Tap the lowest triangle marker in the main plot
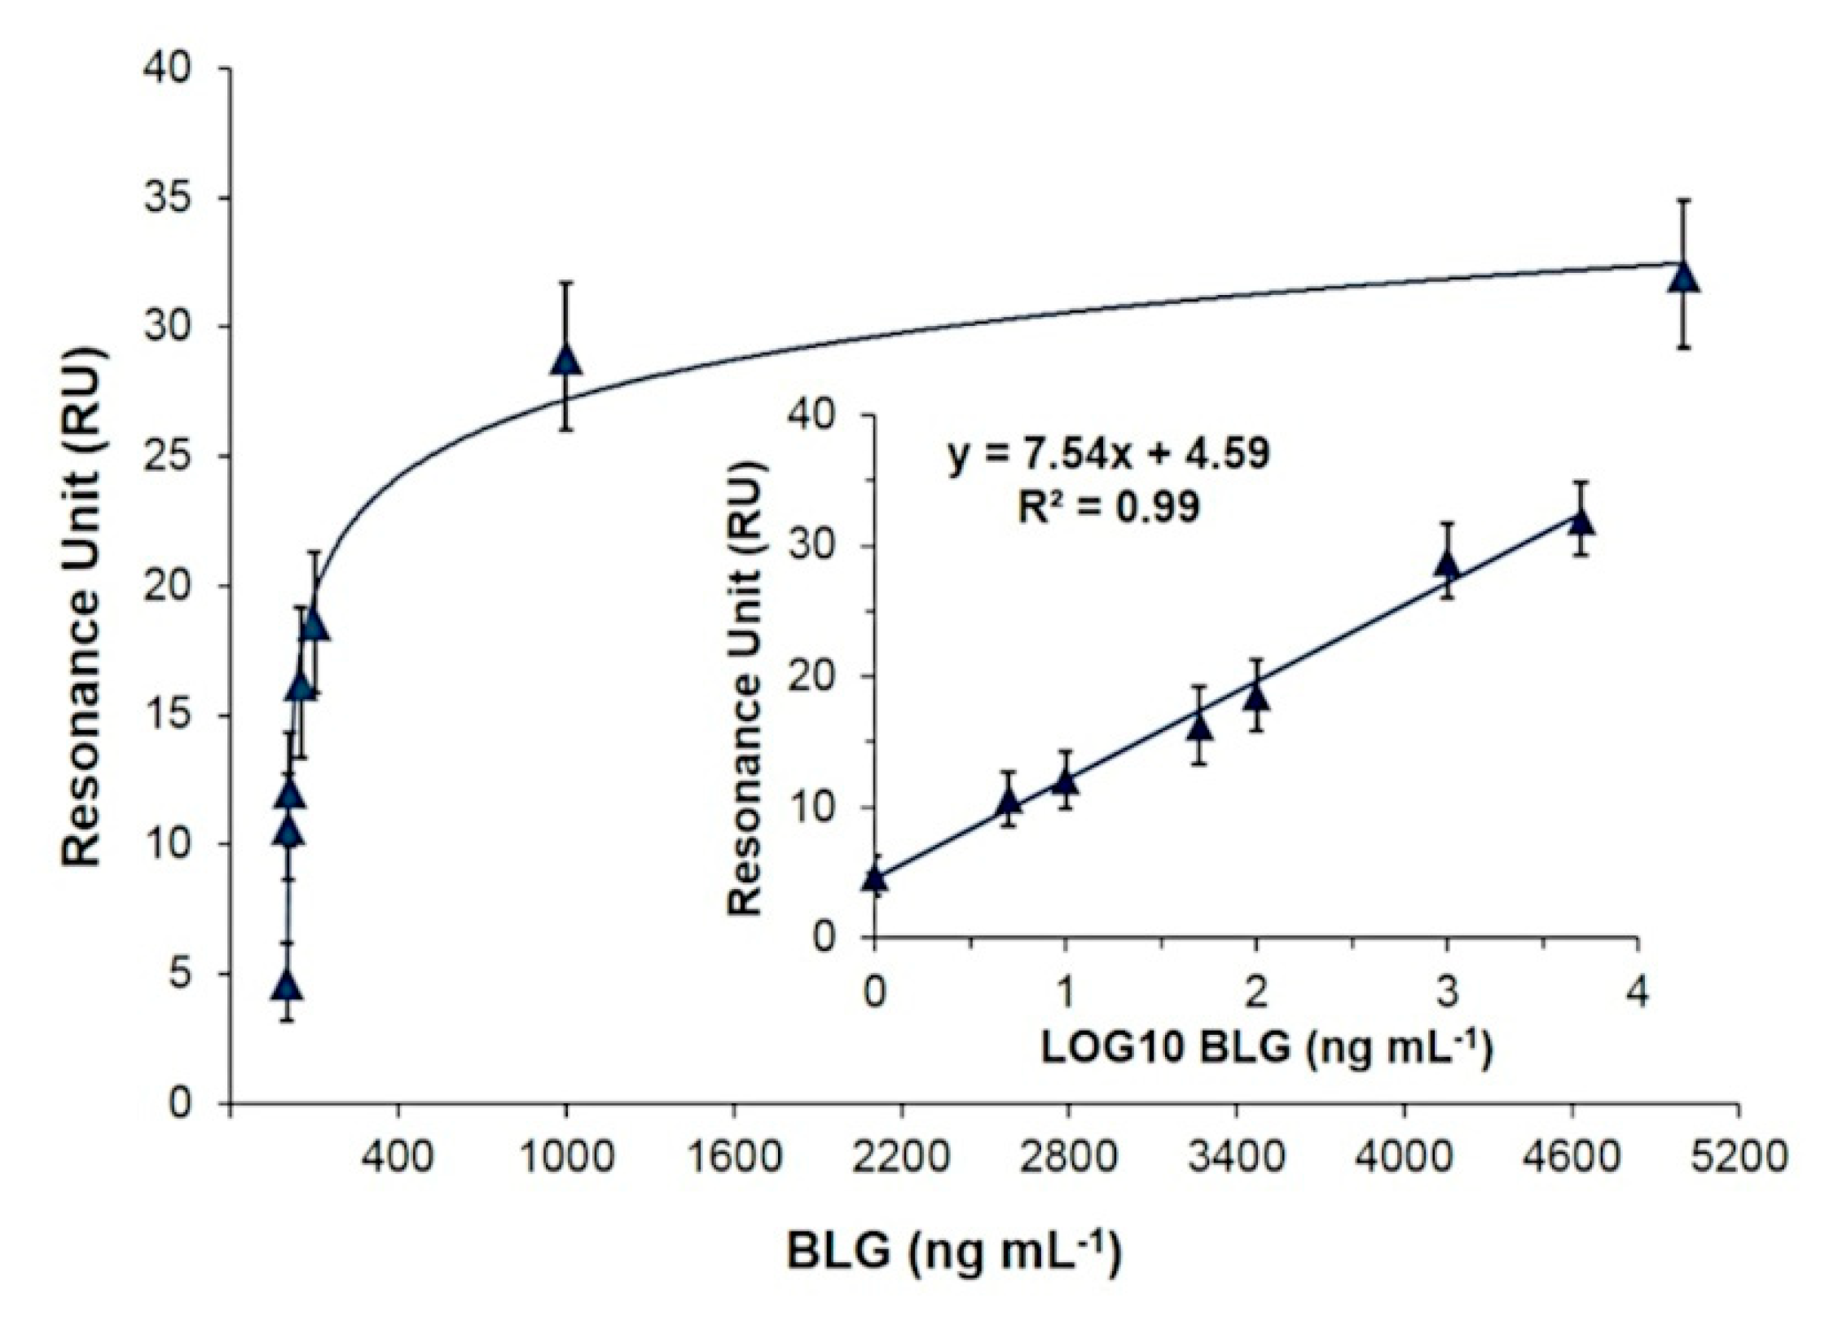(288, 986)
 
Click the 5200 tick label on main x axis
(1739, 1158)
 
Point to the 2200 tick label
(901, 1158)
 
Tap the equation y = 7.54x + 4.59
(1108, 455)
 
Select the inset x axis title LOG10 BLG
(1266, 1047)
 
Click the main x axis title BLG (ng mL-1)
(954, 1252)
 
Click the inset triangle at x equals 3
(1447, 564)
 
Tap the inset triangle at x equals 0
(875, 878)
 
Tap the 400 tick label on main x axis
(398, 1158)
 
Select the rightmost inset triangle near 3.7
(1581, 522)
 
